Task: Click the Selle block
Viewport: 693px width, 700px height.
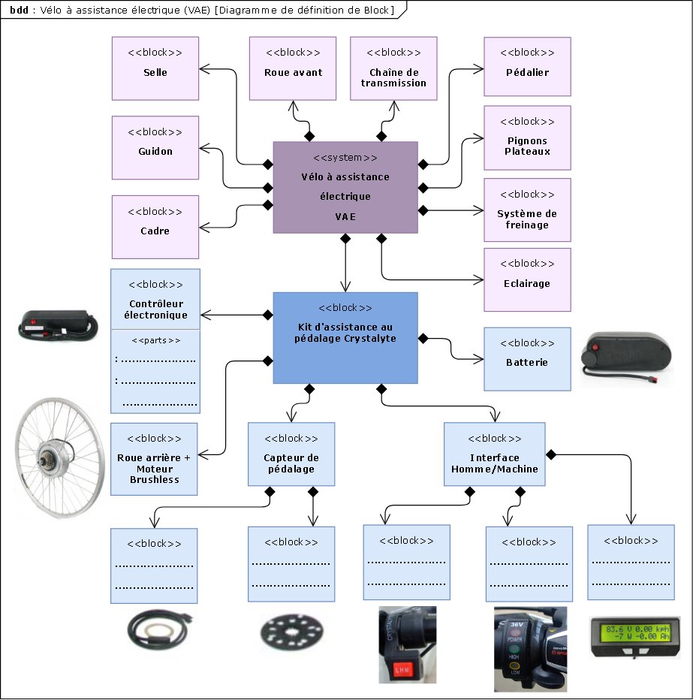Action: [155, 68]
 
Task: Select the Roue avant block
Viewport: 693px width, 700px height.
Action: [293, 68]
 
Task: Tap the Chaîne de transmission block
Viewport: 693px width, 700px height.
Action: [393, 68]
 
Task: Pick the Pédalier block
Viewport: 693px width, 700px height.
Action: [527, 68]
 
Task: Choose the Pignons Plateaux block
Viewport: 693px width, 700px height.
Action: [527, 137]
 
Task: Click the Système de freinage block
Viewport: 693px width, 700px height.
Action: [527, 210]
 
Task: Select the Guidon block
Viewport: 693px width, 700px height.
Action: [155, 147]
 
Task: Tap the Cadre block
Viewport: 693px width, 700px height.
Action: [155, 227]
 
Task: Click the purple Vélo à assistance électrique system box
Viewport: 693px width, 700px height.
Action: [345, 188]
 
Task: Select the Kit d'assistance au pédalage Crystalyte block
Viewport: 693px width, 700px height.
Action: [345, 337]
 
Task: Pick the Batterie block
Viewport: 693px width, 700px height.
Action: [527, 358]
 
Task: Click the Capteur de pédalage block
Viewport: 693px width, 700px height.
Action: [291, 459]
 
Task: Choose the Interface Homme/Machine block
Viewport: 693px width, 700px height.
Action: [494, 459]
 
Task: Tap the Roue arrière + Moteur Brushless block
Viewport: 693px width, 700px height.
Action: [154, 459]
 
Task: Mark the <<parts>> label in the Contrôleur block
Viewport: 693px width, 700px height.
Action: [155, 340]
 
